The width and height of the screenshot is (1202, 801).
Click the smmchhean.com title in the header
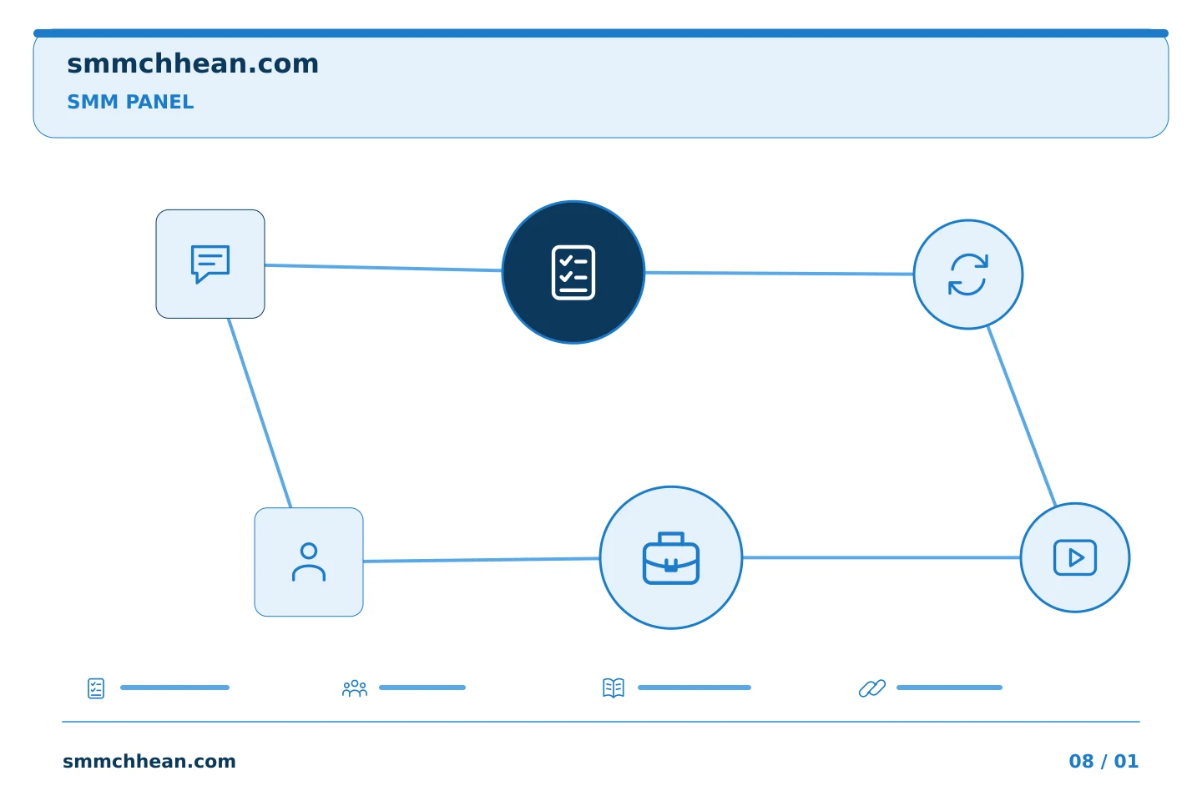[x=193, y=64]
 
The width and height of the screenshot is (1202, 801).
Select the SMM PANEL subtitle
[x=130, y=102]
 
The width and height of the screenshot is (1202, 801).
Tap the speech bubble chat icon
[x=210, y=264]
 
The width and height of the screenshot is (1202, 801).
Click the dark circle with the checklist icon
[x=573, y=272]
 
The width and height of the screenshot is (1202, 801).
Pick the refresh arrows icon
[x=968, y=275]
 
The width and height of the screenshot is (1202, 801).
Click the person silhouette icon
[x=309, y=562]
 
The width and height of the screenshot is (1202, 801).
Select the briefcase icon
[x=671, y=558]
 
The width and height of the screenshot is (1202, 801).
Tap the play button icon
[x=1075, y=557]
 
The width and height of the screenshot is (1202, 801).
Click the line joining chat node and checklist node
[x=383, y=268]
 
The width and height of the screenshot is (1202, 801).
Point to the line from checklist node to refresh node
[x=779, y=273]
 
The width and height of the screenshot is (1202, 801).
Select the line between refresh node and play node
[x=1022, y=416]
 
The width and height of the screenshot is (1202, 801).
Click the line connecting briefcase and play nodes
[x=881, y=557]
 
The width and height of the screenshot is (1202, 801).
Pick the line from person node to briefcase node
[x=482, y=560]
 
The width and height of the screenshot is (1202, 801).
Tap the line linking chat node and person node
[x=260, y=412]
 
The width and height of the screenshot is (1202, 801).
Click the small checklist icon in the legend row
[x=96, y=688]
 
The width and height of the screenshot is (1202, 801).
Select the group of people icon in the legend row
[x=355, y=688]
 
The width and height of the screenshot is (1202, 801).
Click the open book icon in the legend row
[x=614, y=688]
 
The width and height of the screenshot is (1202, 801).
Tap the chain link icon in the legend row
[x=872, y=688]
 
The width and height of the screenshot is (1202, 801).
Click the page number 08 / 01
[x=1104, y=761]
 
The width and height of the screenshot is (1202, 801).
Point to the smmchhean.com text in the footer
[x=149, y=761]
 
